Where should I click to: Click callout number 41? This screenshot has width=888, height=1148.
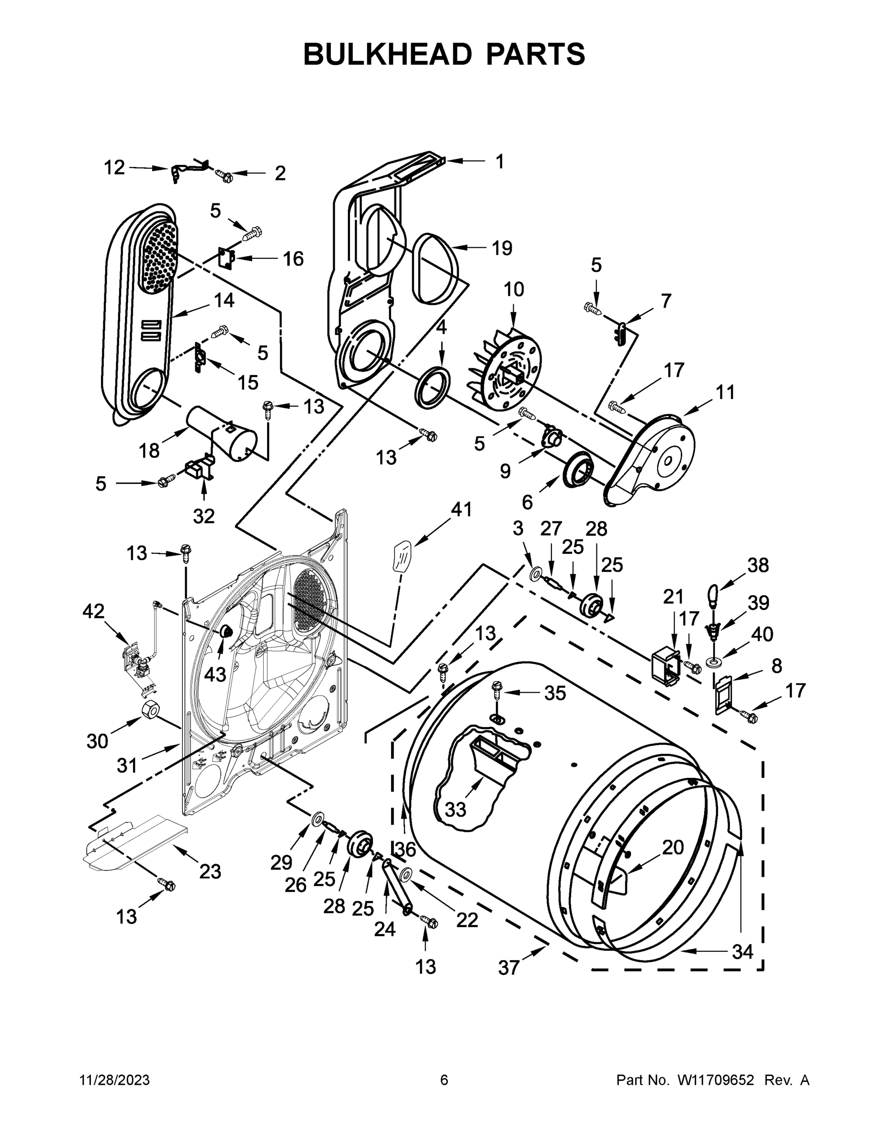(461, 509)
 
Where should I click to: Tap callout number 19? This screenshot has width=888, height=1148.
(502, 248)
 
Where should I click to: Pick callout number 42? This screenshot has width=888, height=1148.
(93, 611)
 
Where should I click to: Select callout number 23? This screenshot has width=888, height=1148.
(210, 872)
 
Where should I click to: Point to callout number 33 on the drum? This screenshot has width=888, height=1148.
(456, 809)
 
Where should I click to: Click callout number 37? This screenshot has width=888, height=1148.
(509, 967)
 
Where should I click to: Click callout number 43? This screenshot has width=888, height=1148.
(214, 674)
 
